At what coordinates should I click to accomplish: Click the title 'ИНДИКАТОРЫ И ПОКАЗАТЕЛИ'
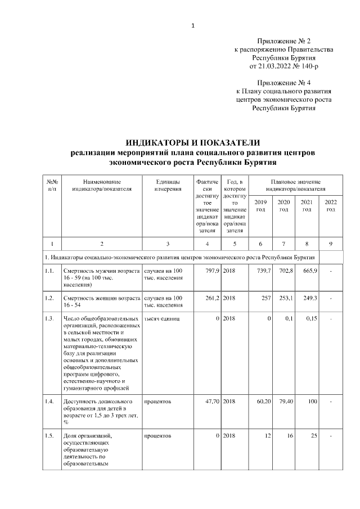(x=192, y=142)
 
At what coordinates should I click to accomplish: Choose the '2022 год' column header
(x=331, y=206)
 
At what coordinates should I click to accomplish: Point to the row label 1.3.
(x=50, y=318)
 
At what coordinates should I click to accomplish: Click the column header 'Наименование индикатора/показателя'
(x=102, y=186)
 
